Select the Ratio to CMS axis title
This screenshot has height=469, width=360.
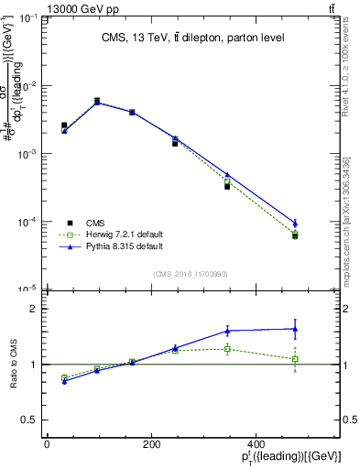(x=12, y=364)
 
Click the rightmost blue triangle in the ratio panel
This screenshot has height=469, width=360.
(x=295, y=329)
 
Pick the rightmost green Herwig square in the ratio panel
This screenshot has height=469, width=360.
(x=295, y=359)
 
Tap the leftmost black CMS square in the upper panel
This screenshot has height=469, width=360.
(x=64, y=125)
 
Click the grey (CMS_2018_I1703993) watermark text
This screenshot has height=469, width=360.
(x=191, y=274)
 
